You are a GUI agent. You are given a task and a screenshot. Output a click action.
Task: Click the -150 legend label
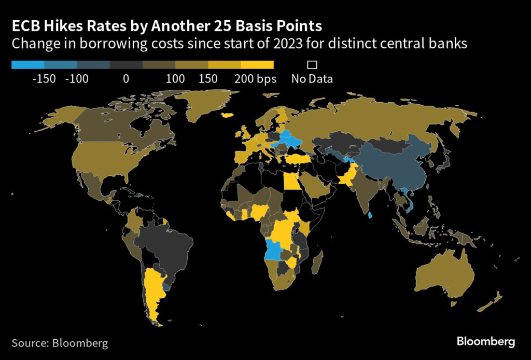tap(44, 79)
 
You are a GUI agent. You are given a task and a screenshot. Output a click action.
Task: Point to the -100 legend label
tap(77, 79)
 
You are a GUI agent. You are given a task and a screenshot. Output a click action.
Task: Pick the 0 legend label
tap(125, 79)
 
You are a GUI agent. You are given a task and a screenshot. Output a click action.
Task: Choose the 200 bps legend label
tap(255, 79)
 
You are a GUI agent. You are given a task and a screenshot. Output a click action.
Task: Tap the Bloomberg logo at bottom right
tap(486, 341)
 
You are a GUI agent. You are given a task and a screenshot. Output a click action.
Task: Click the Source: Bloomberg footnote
tap(60, 343)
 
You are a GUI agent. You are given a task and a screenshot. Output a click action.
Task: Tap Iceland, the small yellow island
tap(226, 116)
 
